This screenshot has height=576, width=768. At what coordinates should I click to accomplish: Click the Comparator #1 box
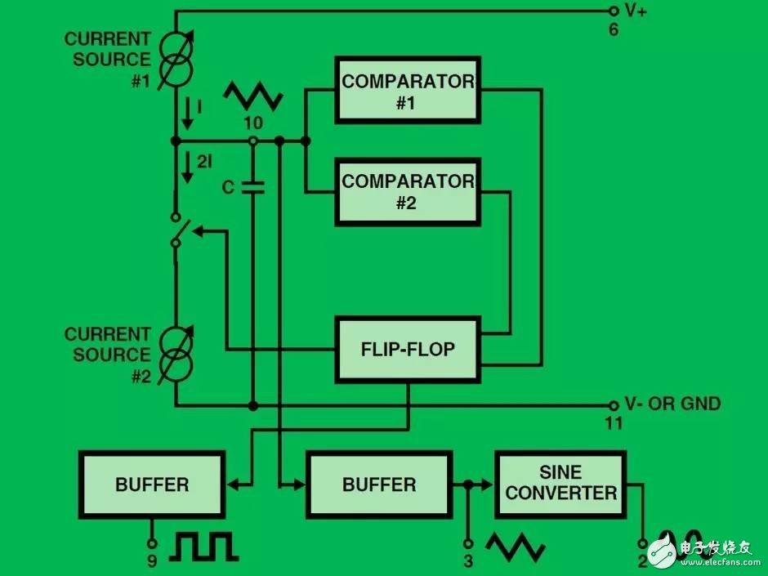tap(408, 90)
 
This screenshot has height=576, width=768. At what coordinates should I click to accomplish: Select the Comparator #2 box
tap(408, 191)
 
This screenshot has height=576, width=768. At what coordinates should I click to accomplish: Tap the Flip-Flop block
tap(408, 350)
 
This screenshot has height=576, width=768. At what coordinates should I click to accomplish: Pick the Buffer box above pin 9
tap(151, 484)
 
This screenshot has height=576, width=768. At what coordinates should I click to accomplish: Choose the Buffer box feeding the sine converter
tap(378, 484)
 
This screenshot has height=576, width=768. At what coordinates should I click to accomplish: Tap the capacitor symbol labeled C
tap(253, 187)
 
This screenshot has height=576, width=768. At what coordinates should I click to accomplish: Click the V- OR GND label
tap(672, 404)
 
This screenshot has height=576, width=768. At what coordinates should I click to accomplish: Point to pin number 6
tap(614, 31)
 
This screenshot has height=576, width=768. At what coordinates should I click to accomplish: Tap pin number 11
tap(614, 423)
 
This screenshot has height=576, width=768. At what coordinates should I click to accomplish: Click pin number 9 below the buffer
tap(151, 561)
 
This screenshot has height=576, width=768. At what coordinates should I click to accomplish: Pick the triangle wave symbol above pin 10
tap(254, 96)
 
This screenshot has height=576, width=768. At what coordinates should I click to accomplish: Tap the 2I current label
tap(204, 162)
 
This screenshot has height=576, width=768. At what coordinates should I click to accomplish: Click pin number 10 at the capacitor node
tap(253, 123)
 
